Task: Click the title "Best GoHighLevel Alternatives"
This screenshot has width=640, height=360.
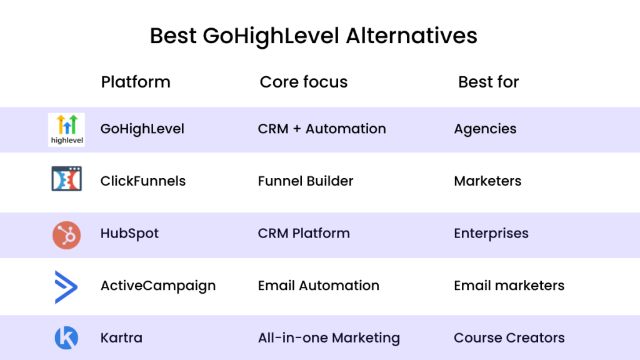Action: pos(314,36)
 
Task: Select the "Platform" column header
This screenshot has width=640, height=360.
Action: pos(136,82)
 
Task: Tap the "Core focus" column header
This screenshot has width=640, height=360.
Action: pos(304,82)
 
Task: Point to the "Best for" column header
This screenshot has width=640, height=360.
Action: pos(489,82)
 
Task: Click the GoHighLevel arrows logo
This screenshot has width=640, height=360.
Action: pos(66,129)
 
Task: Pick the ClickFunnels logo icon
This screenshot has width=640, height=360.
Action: pos(66,178)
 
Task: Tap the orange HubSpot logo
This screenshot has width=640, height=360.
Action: pos(66,235)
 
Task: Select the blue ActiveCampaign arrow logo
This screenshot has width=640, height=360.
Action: pos(66,287)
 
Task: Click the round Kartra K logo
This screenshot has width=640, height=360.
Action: pos(66,338)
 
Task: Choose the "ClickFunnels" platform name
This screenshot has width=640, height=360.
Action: pos(143,181)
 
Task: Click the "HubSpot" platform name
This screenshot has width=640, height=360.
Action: pos(129,234)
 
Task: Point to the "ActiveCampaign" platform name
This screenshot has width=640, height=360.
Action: pos(158,286)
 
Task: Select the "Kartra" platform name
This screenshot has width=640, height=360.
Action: pos(121,338)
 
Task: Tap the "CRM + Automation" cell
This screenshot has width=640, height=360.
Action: pos(322,129)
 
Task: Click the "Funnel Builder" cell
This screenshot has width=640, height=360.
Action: pos(305,181)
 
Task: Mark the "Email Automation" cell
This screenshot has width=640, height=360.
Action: pos(318,285)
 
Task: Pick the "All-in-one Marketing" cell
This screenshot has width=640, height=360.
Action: pos(329,338)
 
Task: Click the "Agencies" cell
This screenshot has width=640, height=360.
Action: pos(485,129)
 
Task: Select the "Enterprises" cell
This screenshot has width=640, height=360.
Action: pos(491,234)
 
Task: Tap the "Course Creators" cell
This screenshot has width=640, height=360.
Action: pos(509,338)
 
